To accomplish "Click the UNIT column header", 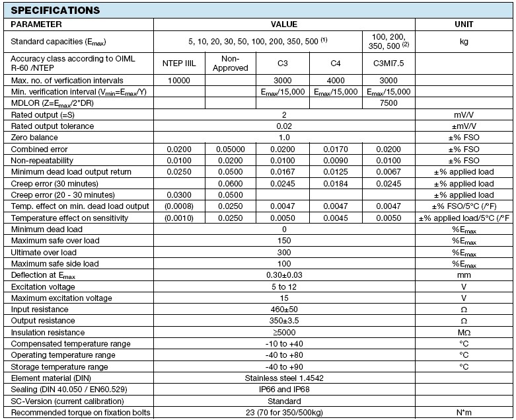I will pyautogui.click(x=464, y=24).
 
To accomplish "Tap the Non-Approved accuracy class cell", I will pyautogui.click(x=231, y=63).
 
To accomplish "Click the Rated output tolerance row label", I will pyautogui.click(x=52, y=126).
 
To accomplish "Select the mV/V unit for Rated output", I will pyautogui.click(x=464, y=114).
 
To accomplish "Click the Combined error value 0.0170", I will pyautogui.click(x=336, y=149).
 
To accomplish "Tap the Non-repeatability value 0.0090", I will pyautogui.click(x=336, y=161).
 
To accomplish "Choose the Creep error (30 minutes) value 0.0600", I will pyautogui.click(x=231, y=183).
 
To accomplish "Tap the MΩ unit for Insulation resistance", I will pyautogui.click(x=464, y=333).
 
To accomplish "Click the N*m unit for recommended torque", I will pyautogui.click(x=464, y=413).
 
